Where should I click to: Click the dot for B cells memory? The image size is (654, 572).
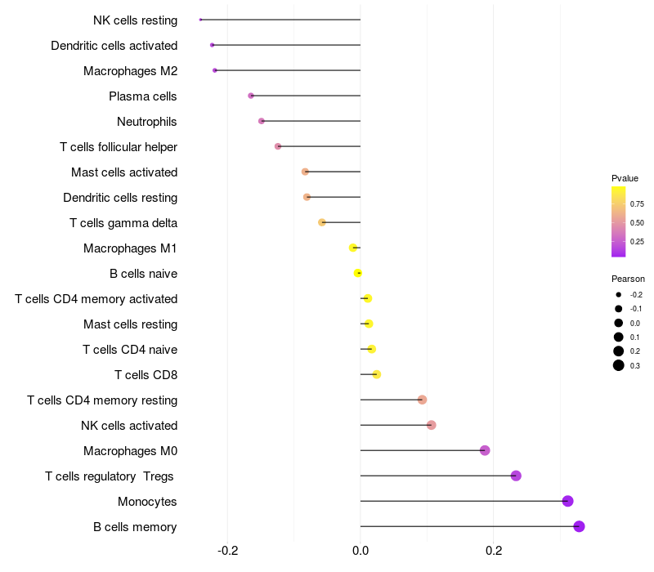click(579, 526)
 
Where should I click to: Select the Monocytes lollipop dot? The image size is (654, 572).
click(568, 501)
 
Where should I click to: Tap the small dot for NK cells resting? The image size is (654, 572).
click(200, 20)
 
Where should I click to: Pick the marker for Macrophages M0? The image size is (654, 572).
click(485, 450)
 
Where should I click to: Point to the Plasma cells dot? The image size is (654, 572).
click(251, 96)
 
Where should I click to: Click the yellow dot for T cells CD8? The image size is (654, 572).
click(376, 374)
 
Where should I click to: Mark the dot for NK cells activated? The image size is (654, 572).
click(431, 425)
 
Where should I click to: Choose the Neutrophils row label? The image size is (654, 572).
click(147, 122)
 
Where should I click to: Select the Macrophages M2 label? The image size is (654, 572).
click(130, 71)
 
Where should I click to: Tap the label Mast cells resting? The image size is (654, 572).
click(130, 324)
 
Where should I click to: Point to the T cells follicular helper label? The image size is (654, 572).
click(119, 147)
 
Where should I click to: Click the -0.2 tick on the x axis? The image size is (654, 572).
click(227, 551)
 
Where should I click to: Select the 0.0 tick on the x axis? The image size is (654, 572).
click(361, 551)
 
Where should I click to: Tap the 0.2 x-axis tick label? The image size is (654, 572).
click(494, 551)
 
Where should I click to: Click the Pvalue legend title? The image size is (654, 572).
click(625, 178)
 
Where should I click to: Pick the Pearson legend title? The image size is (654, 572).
click(628, 279)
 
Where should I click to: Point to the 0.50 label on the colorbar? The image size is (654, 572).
click(637, 222)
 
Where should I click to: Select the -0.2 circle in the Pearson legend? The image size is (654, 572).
click(619, 294)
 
